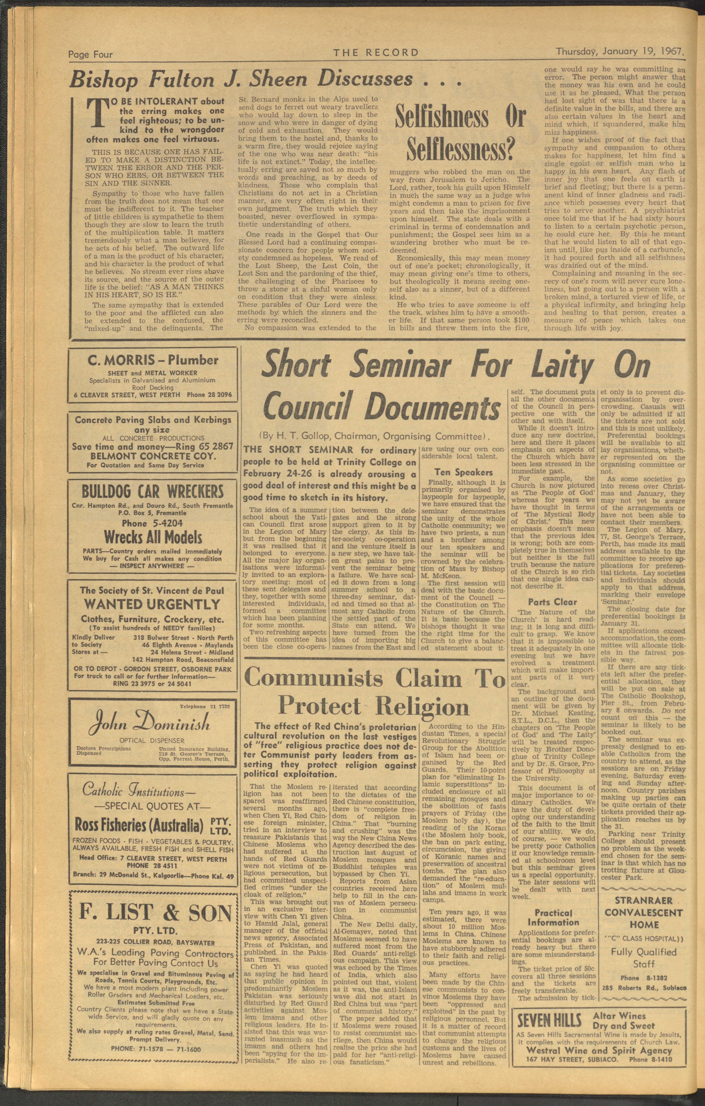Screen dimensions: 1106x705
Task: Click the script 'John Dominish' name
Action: (153, 724)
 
